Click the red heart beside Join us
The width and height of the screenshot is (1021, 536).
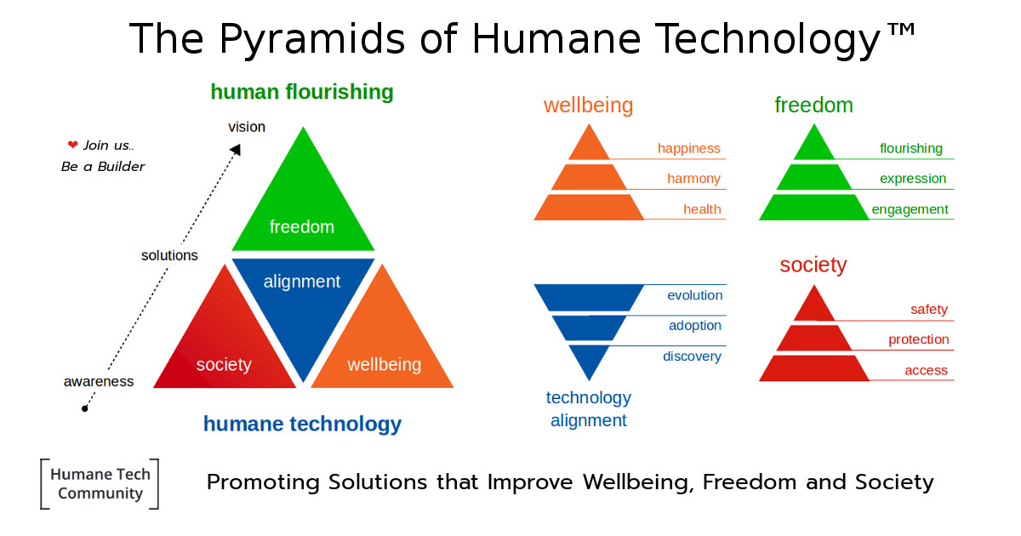point(72,145)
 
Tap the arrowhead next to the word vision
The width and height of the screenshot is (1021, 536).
point(236,150)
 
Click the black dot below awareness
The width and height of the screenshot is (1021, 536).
point(84,409)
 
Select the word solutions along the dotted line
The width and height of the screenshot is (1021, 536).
point(169,255)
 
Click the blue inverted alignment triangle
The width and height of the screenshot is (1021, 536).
point(303,310)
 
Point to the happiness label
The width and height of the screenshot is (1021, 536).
point(688,149)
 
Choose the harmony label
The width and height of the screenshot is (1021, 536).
point(693,178)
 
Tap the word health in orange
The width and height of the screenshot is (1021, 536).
point(702,209)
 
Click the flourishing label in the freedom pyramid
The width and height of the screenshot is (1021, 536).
point(910,149)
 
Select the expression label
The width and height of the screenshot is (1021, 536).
point(913,179)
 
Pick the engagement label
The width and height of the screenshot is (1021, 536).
point(910,209)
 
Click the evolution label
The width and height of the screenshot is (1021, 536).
point(694,295)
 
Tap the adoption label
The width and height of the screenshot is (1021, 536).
point(695,326)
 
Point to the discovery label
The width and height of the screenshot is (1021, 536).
point(692,356)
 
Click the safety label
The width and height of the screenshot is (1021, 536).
point(929,310)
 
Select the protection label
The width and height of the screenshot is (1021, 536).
point(918,339)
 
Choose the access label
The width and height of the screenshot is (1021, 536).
point(926,370)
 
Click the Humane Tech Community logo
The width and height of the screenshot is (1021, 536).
point(100,483)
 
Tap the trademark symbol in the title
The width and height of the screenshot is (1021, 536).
point(901,30)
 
